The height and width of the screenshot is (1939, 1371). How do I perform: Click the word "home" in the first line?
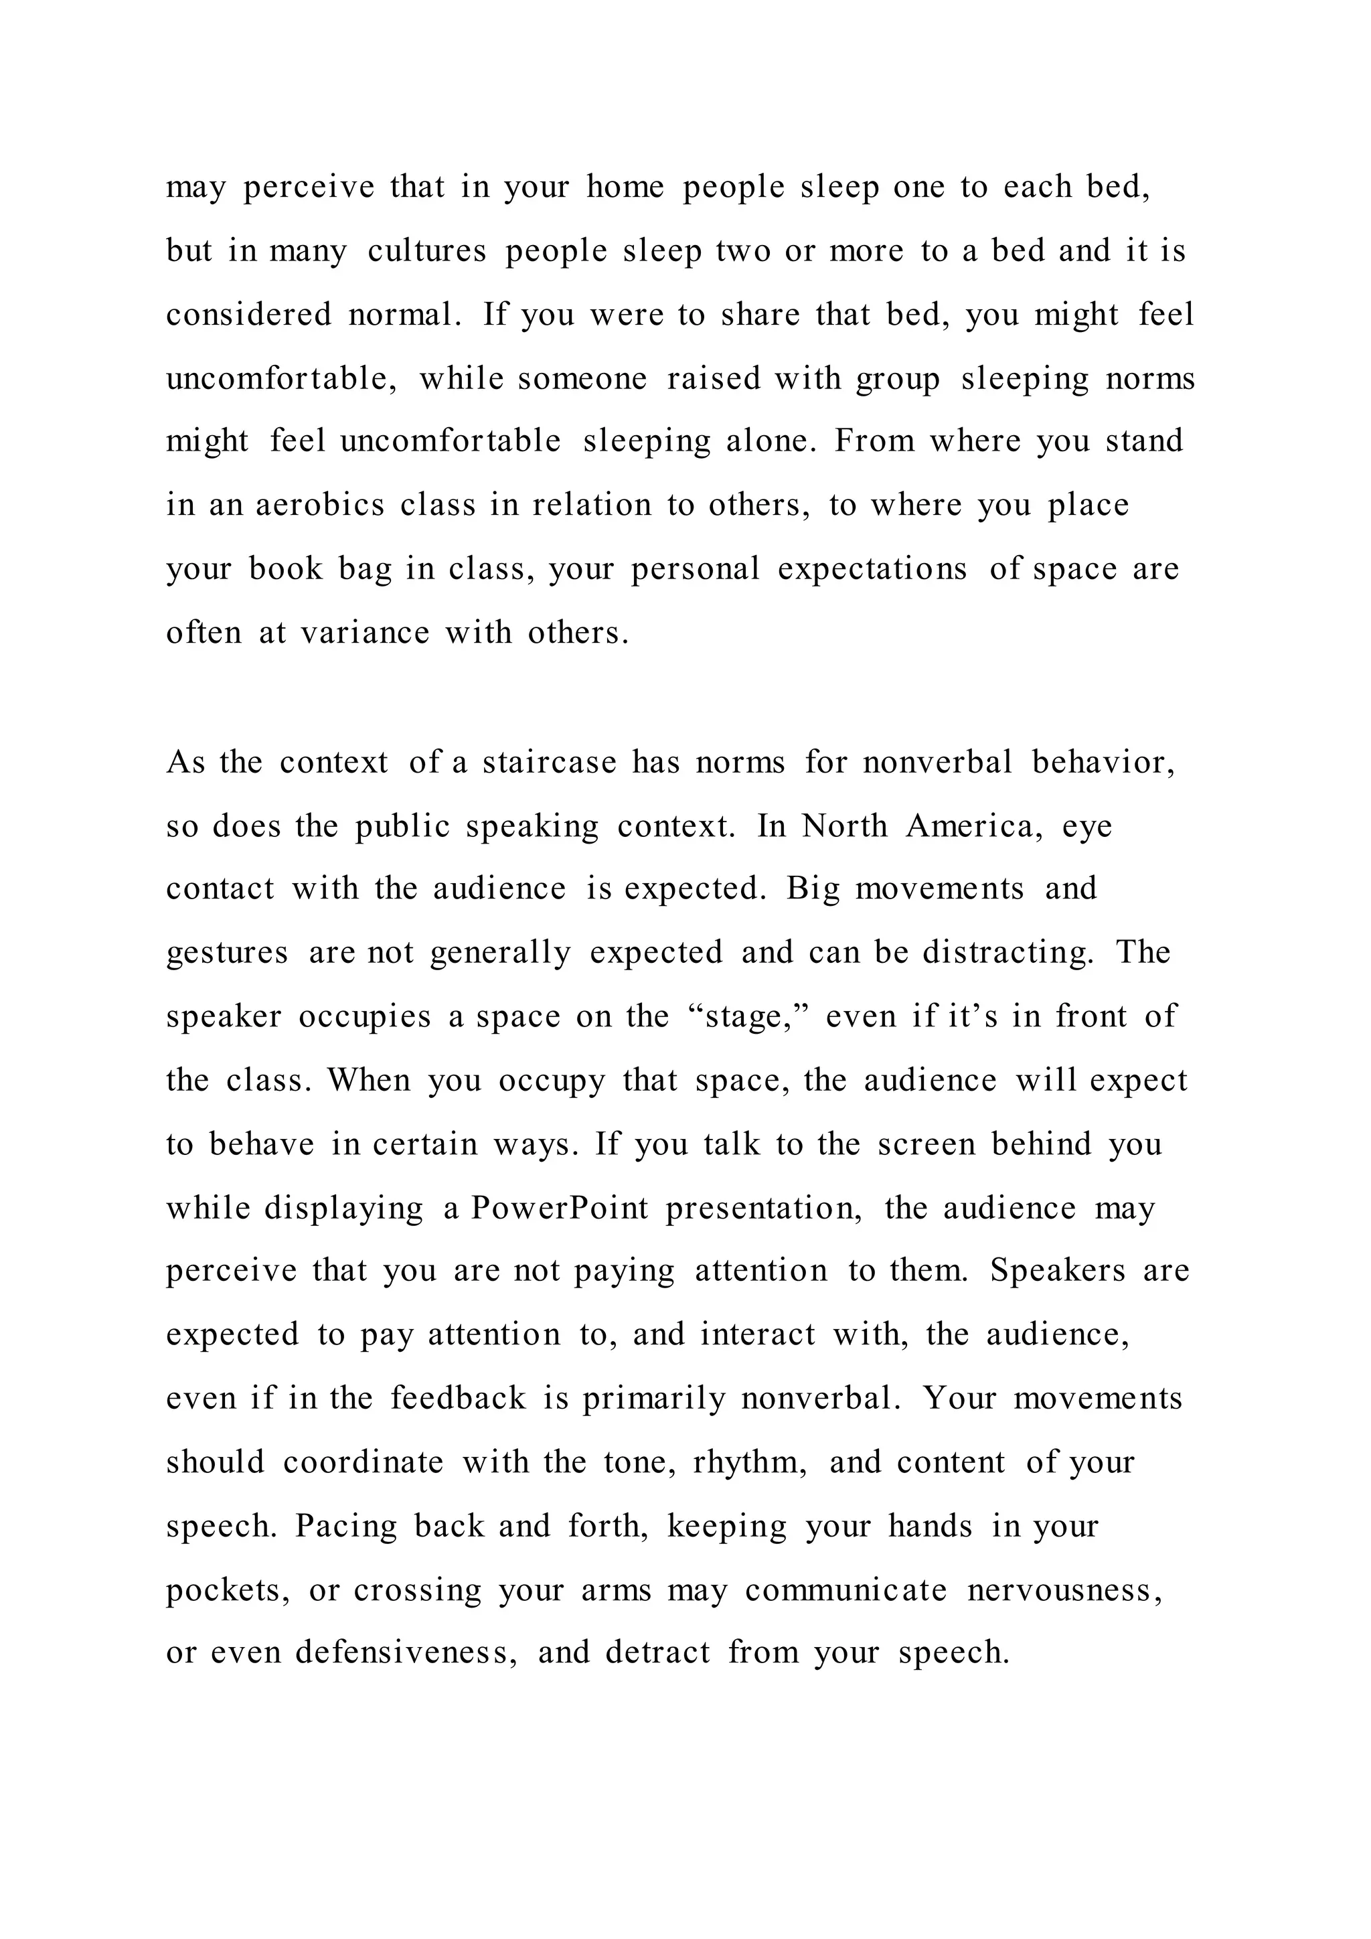pyautogui.click(x=625, y=187)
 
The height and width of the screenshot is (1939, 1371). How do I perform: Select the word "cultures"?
pyautogui.click(x=427, y=251)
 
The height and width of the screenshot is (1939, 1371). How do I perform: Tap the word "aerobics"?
pyautogui.click(x=320, y=505)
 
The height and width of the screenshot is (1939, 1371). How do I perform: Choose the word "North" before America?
pyautogui.click(x=844, y=826)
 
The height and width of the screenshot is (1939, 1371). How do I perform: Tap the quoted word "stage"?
pyautogui.click(x=748, y=1017)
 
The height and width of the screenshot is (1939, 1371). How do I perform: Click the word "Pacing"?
pyautogui.click(x=346, y=1526)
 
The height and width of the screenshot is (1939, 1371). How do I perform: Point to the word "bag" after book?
pyautogui.click(x=366, y=569)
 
